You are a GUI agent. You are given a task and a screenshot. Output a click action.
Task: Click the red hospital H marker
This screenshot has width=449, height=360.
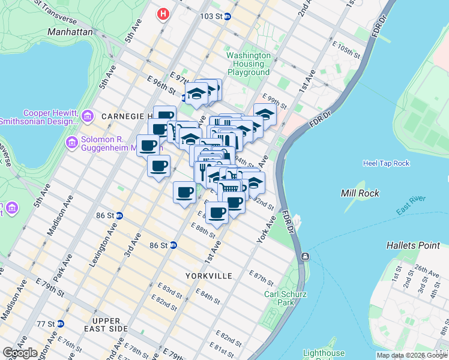click(163, 14)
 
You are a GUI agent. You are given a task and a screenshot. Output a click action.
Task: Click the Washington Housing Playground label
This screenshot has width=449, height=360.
click(248, 64)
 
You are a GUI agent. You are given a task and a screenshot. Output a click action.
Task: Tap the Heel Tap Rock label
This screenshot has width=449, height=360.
click(386, 163)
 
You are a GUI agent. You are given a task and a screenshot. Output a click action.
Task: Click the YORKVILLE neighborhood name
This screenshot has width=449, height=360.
click(207, 276)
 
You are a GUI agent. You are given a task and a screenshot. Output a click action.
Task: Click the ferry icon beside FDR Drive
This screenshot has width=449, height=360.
click(306, 257)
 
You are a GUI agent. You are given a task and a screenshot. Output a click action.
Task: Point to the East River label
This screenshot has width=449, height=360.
click(411, 204)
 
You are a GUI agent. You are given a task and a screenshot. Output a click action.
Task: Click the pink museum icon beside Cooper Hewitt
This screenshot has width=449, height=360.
click(87, 115)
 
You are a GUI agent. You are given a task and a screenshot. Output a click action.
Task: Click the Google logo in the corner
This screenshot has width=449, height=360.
click(20, 353)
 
